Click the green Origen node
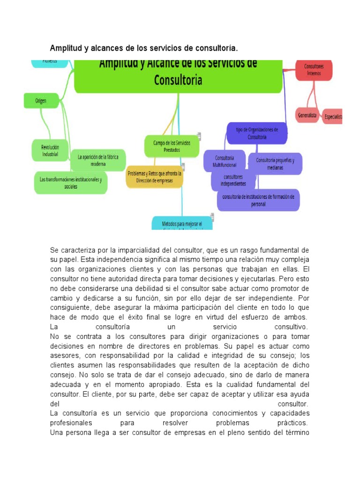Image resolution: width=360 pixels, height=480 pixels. click(x=41, y=101)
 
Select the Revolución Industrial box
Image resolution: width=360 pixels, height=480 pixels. click(x=50, y=150)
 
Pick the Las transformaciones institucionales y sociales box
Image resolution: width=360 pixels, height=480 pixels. click(x=71, y=182)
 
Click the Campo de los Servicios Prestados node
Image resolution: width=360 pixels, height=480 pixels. click(x=171, y=146)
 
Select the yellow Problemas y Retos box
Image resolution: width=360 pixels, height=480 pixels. click(x=154, y=177)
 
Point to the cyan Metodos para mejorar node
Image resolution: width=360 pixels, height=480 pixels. click(x=182, y=223)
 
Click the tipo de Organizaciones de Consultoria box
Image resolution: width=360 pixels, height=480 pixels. click(x=257, y=134)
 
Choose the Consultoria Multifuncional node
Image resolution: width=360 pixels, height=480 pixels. click(x=225, y=161)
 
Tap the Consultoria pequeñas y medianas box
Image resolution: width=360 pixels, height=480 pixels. click(x=275, y=164)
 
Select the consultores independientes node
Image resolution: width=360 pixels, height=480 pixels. click(x=234, y=180)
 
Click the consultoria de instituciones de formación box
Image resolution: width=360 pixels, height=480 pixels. click(x=258, y=200)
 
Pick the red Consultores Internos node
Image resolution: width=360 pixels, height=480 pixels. click(x=314, y=69)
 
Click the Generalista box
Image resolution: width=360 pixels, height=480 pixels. click(x=307, y=115)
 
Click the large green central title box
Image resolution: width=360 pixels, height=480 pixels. click(x=178, y=74)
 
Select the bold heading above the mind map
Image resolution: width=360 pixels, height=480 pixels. click(x=144, y=48)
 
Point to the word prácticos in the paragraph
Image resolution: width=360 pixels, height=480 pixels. click(x=293, y=423)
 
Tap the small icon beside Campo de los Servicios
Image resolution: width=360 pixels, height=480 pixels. click(x=199, y=136)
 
